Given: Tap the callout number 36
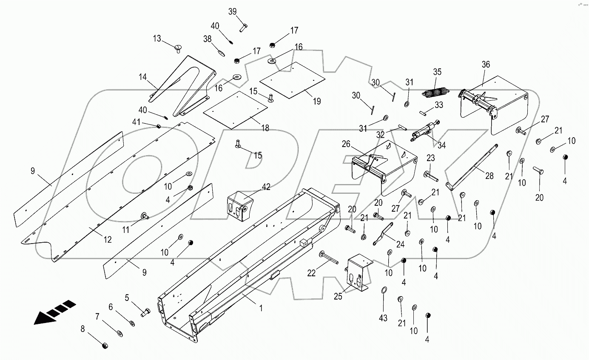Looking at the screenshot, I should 486,65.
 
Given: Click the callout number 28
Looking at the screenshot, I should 489,176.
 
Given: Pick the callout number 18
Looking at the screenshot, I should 265,128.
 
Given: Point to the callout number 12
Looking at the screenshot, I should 108,240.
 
